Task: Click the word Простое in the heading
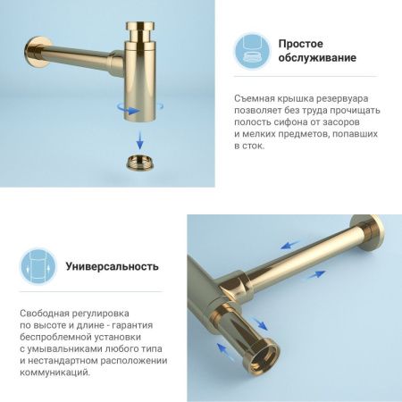pos(300,44)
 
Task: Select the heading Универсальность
pos(112,266)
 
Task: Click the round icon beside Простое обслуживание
pos(251,52)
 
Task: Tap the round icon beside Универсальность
pos(38,266)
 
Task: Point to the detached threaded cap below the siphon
pos(142,164)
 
